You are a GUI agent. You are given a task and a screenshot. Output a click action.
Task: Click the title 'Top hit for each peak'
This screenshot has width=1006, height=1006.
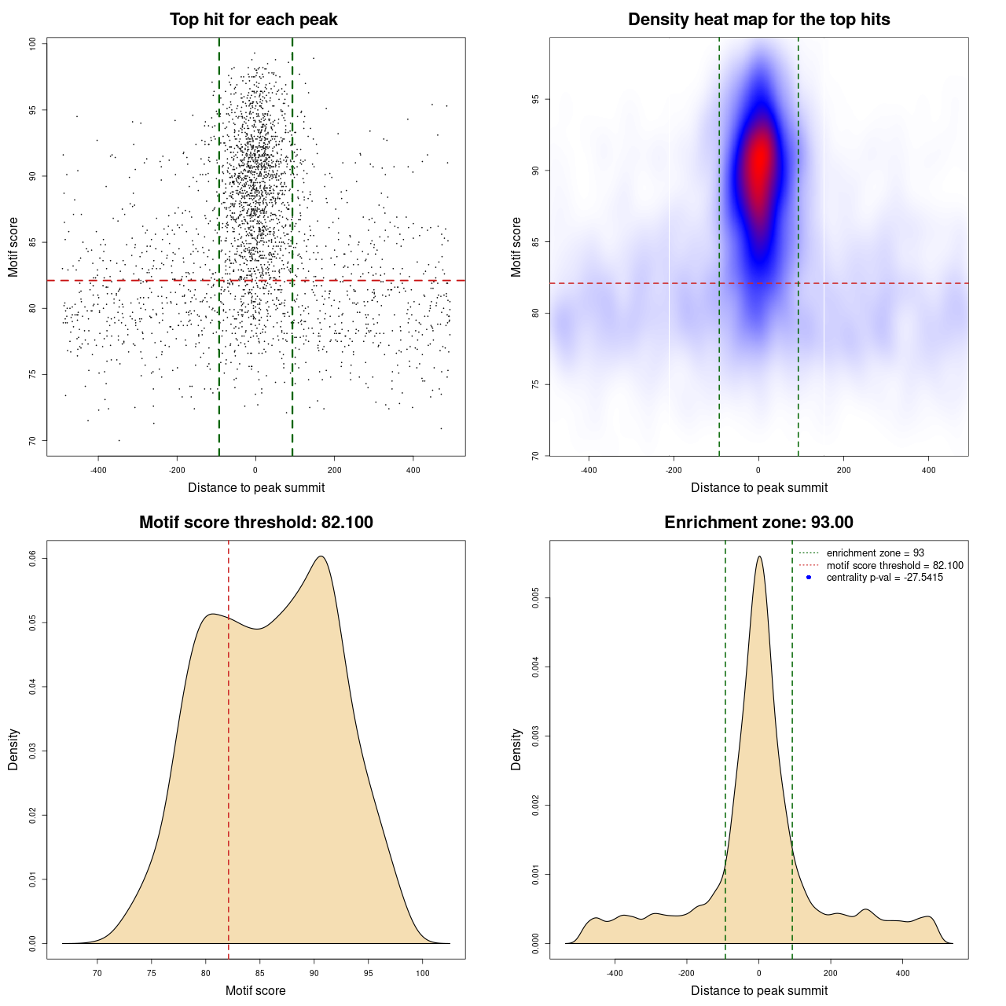tap(253, 20)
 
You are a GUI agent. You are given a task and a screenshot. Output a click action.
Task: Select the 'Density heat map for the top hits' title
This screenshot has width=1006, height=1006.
tap(758, 20)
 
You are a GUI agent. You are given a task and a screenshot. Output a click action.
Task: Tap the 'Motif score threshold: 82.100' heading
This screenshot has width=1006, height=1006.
tap(255, 523)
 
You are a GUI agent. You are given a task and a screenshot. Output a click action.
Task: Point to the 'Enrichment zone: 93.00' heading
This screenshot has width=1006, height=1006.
tap(758, 523)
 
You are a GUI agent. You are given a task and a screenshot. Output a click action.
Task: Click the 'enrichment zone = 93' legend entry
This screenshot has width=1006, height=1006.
tap(875, 553)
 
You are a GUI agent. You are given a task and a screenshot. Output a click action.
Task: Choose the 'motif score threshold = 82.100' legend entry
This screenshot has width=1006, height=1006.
tap(894, 566)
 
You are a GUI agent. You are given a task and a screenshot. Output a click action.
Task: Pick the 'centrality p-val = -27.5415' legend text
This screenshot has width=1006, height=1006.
tap(884, 578)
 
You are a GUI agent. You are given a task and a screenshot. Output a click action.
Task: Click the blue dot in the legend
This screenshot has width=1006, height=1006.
tap(809, 578)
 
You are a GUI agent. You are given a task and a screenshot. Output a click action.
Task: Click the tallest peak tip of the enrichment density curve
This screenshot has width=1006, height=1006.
tap(759, 556)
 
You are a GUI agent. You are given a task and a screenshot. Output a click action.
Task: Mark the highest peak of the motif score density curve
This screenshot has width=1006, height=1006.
tap(321, 556)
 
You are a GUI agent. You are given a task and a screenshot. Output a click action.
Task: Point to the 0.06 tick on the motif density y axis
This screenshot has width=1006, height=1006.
tap(33, 558)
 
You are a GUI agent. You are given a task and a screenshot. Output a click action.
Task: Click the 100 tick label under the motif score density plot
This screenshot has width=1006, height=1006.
tap(423, 974)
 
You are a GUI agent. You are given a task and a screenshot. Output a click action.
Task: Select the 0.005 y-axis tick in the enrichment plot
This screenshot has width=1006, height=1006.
tap(536, 598)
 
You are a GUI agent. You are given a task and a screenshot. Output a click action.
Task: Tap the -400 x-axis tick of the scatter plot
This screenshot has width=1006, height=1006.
tap(98, 471)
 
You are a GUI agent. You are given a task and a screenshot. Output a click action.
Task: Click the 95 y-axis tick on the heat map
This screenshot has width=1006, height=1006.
tap(536, 99)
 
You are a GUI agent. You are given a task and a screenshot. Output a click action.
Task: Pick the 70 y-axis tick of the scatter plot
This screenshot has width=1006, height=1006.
tap(33, 440)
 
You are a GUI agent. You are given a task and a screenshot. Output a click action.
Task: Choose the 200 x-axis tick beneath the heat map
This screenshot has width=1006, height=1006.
tap(843, 471)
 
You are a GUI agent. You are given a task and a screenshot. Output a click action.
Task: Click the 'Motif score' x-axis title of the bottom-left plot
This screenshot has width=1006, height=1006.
tap(255, 990)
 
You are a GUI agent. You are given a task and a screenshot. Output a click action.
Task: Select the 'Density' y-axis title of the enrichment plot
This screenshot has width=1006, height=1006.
tap(516, 749)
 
